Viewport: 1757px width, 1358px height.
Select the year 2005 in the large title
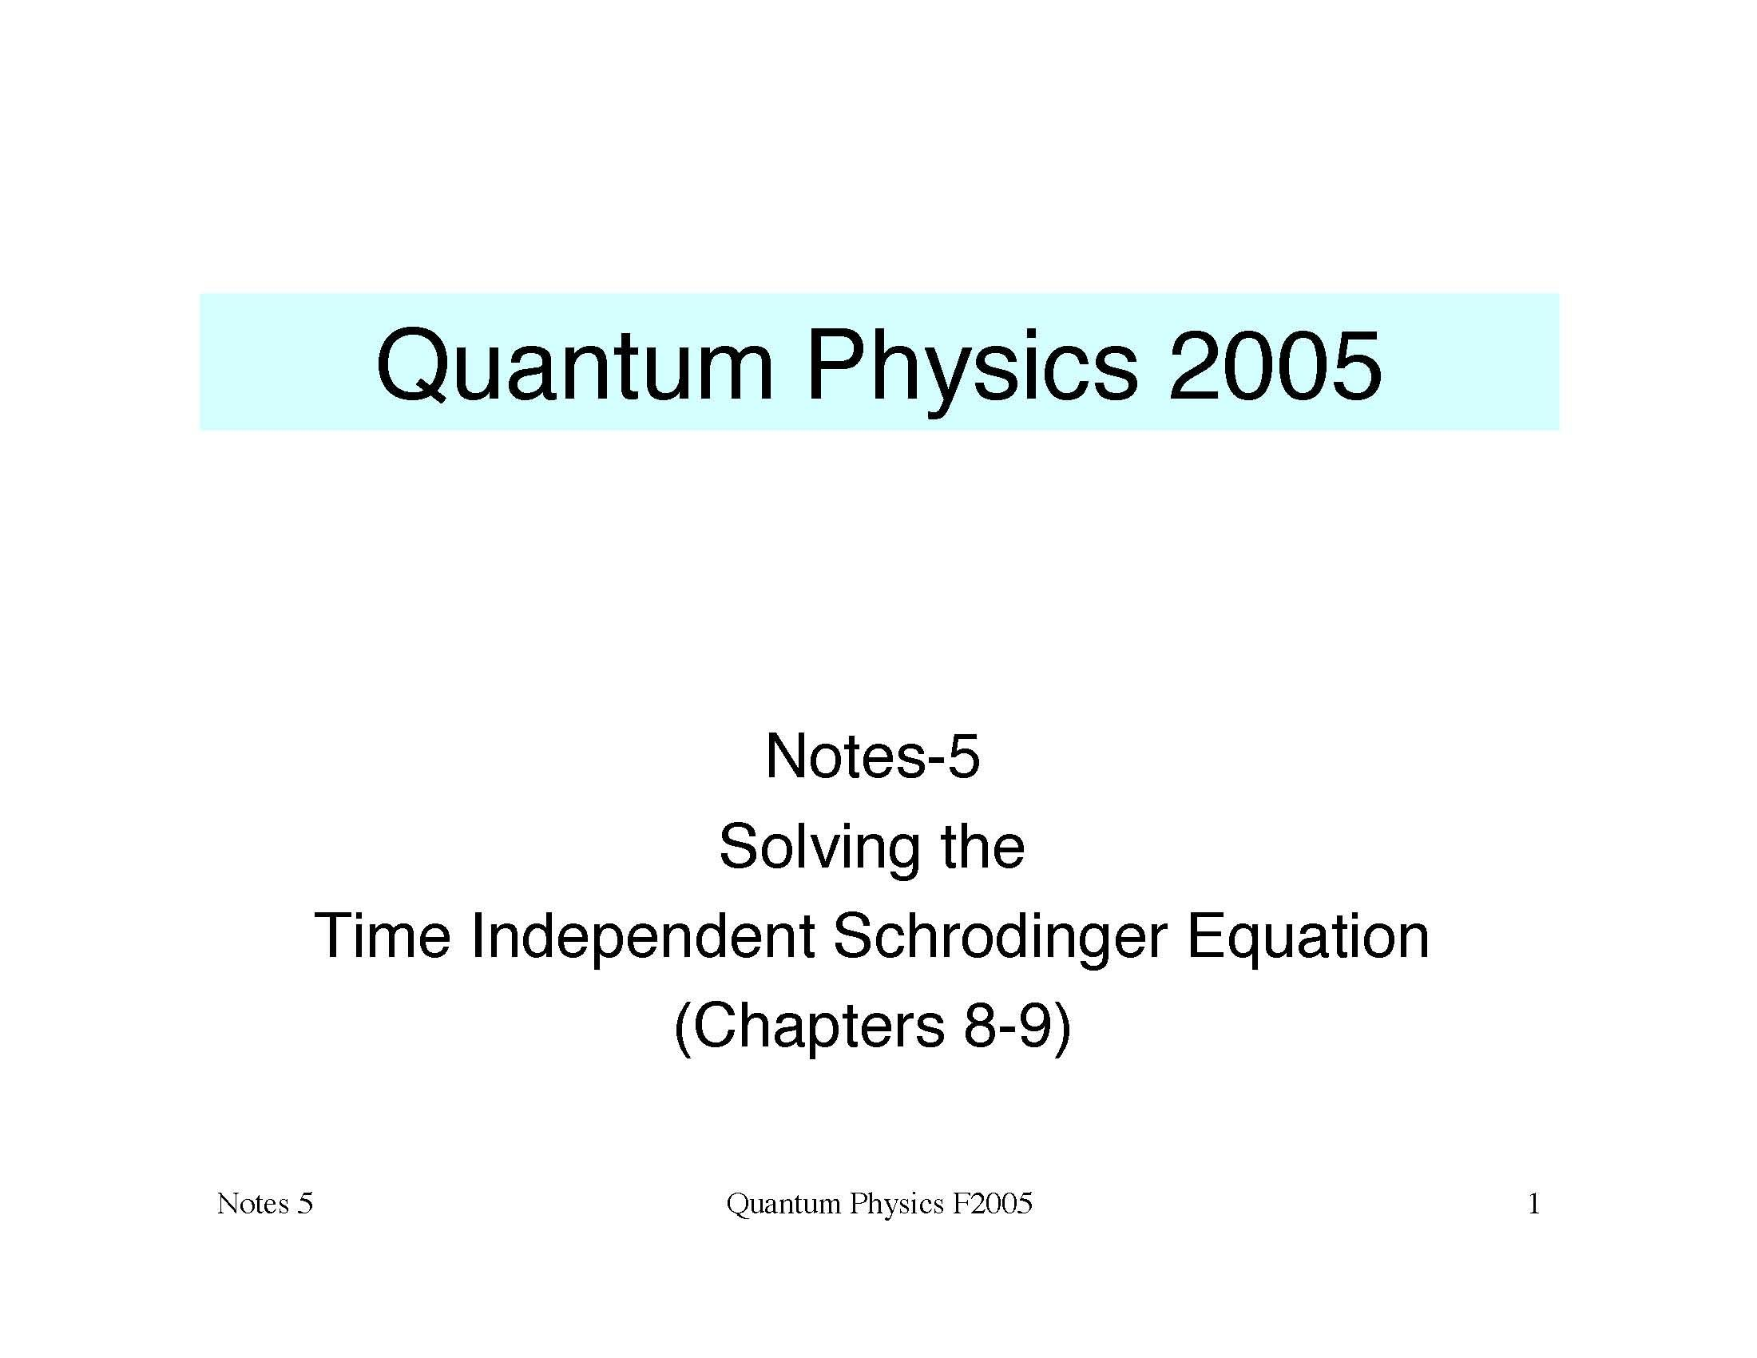1275,366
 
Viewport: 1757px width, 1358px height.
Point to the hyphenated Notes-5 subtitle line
873,756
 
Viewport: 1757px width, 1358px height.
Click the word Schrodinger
1000,938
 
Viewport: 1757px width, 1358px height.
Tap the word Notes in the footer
252,1205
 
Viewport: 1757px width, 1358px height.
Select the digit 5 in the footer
305,1205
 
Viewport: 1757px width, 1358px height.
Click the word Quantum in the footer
783,1205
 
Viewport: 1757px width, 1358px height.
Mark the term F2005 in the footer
992,1205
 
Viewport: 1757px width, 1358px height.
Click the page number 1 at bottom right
1533,1205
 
